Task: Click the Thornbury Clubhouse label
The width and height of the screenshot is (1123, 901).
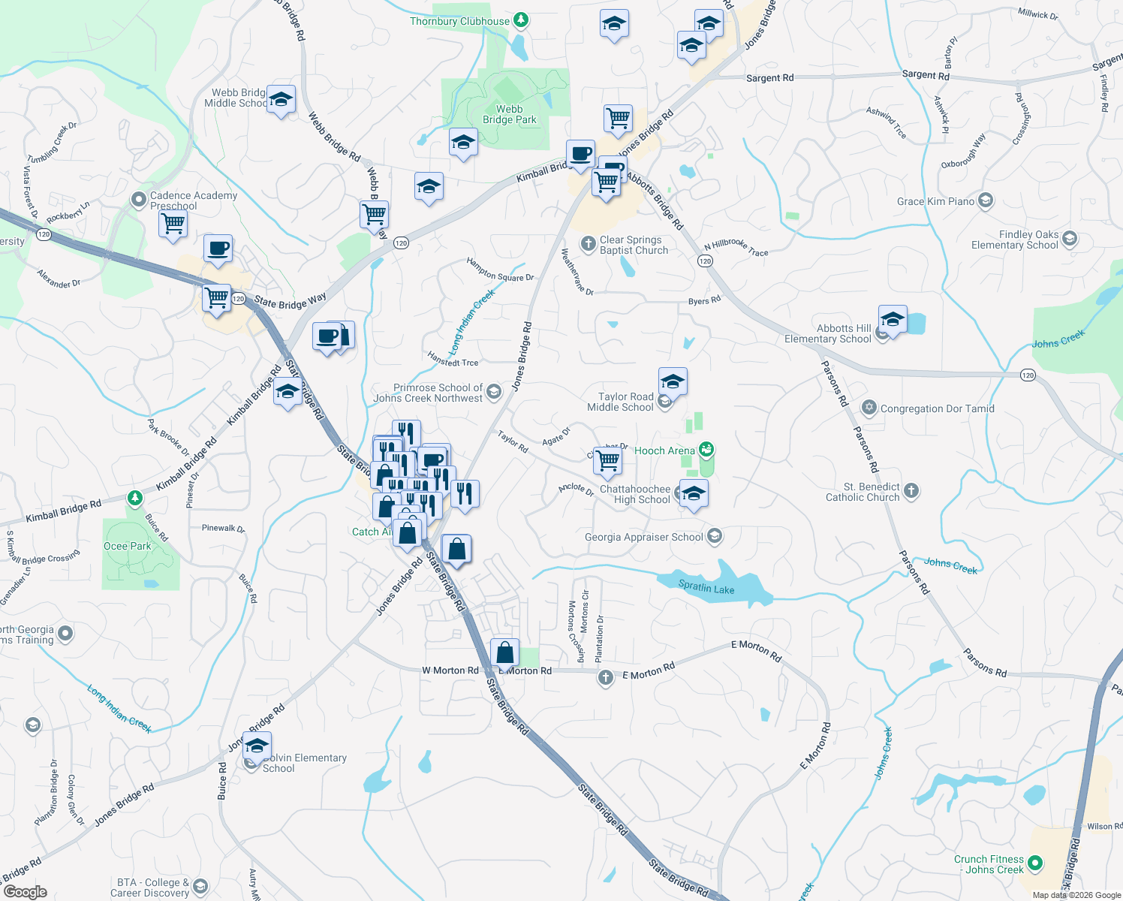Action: [459, 21]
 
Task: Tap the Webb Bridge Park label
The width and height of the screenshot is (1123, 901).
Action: [509, 114]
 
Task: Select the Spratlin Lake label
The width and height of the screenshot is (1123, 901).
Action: [706, 587]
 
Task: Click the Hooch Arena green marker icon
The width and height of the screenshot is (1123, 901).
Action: [706, 450]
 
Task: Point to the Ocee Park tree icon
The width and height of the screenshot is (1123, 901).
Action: [134, 498]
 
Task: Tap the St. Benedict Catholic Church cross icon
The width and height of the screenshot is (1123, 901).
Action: [911, 491]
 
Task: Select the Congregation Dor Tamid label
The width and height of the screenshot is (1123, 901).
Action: [937, 408]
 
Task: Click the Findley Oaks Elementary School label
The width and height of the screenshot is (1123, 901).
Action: [1014, 240]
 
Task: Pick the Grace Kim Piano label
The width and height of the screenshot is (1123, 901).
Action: [935, 201]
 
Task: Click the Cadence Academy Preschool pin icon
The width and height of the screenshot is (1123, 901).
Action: [138, 200]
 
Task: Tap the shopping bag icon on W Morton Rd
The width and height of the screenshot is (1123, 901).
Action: [505, 653]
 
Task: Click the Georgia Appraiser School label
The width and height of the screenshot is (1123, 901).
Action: [643, 537]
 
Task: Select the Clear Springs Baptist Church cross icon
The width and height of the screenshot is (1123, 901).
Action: [588, 243]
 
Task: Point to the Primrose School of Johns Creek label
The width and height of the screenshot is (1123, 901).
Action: [429, 393]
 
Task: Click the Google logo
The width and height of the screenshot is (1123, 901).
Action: [25, 891]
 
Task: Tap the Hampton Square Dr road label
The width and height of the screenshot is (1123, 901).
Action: [500, 270]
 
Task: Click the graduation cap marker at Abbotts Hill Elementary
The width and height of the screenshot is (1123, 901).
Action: [893, 320]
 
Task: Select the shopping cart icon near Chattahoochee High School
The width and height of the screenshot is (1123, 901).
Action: [607, 460]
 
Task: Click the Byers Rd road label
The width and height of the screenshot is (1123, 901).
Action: [704, 300]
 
